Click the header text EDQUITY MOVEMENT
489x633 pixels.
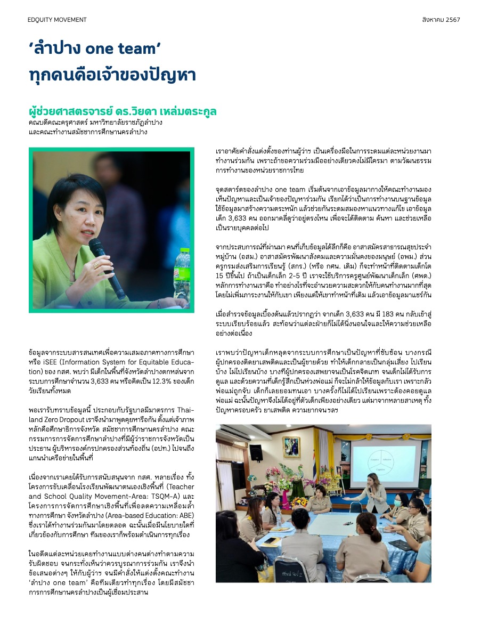pos(57,20)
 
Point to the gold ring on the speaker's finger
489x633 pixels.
pos(96,265)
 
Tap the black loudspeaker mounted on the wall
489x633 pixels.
pos(256,452)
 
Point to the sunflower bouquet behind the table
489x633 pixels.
pos(299,501)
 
